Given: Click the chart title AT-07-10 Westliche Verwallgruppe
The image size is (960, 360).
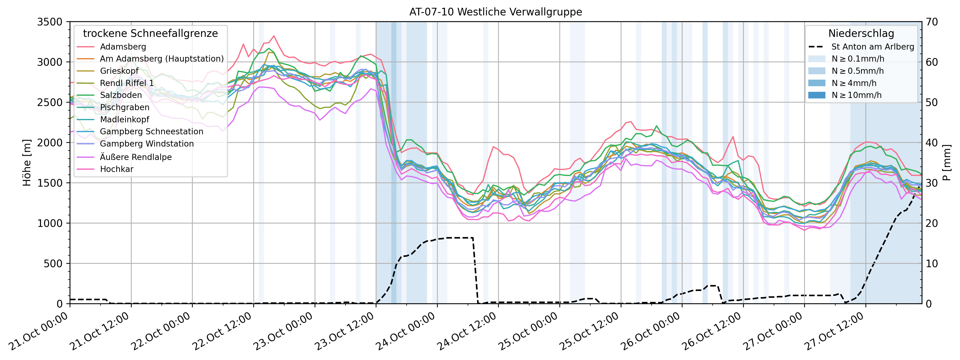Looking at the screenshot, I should (496, 12).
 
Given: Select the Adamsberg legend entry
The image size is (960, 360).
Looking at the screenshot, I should (123, 47).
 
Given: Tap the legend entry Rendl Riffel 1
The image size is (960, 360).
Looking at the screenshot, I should (127, 83).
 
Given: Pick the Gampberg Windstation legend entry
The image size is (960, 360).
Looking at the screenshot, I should (147, 144).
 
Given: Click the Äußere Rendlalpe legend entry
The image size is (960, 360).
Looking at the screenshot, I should (136, 157).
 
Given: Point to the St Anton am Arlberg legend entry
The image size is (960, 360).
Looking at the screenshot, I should (872, 47).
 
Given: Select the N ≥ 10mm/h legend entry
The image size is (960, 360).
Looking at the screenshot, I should (856, 95).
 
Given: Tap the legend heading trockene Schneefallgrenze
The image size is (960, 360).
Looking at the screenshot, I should (150, 33).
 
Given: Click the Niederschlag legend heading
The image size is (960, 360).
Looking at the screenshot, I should (861, 33).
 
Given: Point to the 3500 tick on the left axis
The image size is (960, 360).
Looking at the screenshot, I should (50, 22).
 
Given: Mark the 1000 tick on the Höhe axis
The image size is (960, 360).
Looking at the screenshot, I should (50, 223).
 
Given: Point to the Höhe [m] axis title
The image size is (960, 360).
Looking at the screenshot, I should (27, 162).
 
